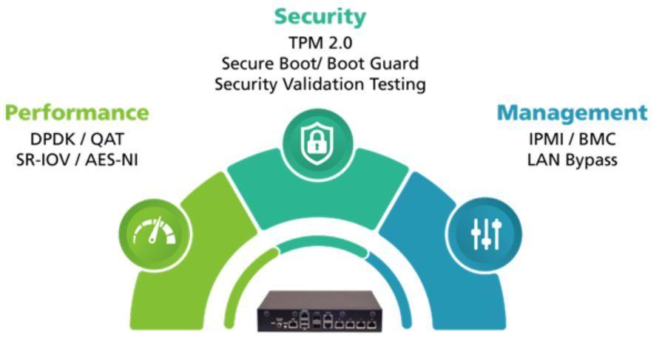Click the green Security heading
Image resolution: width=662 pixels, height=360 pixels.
coord(320,16)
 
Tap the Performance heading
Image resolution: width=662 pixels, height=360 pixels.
coord(76,113)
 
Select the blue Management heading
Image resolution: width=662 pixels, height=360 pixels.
coord(571,113)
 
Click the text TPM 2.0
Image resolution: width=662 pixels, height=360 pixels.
coord(320,42)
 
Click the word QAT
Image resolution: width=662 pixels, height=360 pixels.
coord(106,139)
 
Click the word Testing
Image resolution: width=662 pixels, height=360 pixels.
coord(396,84)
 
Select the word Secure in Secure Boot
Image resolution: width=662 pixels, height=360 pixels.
coord(246,64)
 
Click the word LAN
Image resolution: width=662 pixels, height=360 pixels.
coord(544,160)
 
